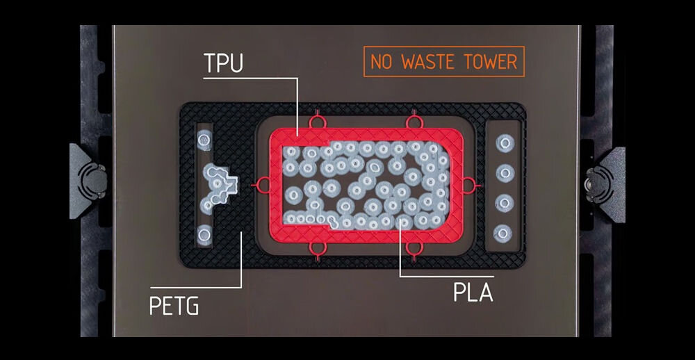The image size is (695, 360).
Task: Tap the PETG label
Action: click(174, 305)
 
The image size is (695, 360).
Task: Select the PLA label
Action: click(473, 292)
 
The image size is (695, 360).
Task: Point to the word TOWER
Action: click(491, 62)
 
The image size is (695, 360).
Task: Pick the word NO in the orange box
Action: click(382, 62)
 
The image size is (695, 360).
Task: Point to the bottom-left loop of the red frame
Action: click(320, 249)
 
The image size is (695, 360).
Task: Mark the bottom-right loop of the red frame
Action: click(415, 249)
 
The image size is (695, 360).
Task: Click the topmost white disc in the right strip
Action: click(505, 142)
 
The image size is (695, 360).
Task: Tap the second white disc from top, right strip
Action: click(505, 172)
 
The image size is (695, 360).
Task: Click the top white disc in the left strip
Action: click(204, 141)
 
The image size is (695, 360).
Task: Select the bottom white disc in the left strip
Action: click(204, 233)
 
